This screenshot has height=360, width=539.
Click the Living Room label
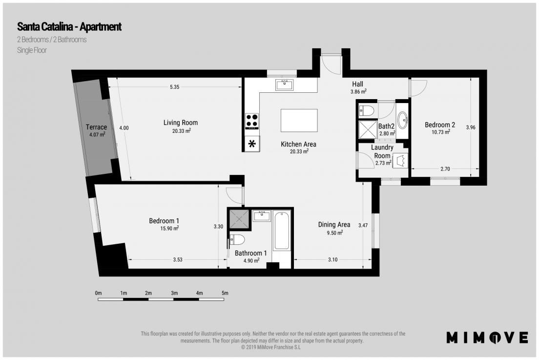tap(181, 123)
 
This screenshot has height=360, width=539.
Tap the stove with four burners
tap(252, 121)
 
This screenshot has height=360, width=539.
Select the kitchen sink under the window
tap(284, 85)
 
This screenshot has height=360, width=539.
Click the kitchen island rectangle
tap(299, 120)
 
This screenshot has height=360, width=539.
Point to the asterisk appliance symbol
tap(252, 144)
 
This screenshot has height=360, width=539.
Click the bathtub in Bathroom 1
tap(282, 231)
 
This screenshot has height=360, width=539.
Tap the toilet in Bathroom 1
tap(237, 239)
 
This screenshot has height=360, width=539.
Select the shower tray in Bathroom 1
tap(239, 219)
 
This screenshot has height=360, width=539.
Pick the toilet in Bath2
tap(366, 110)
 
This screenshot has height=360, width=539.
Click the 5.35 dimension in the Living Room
tap(175, 87)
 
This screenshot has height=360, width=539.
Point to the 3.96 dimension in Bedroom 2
tap(471, 127)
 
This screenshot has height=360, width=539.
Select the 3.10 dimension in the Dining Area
tap(333, 259)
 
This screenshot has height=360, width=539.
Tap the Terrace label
tap(96, 127)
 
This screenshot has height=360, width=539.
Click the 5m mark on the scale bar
tap(225, 293)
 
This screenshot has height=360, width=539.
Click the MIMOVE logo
tap(487, 338)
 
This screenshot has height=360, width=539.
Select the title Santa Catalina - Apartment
tap(69, 26)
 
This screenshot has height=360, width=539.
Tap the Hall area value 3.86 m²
tap(358, 91)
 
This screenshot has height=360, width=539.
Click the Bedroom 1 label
tap(164, 221)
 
